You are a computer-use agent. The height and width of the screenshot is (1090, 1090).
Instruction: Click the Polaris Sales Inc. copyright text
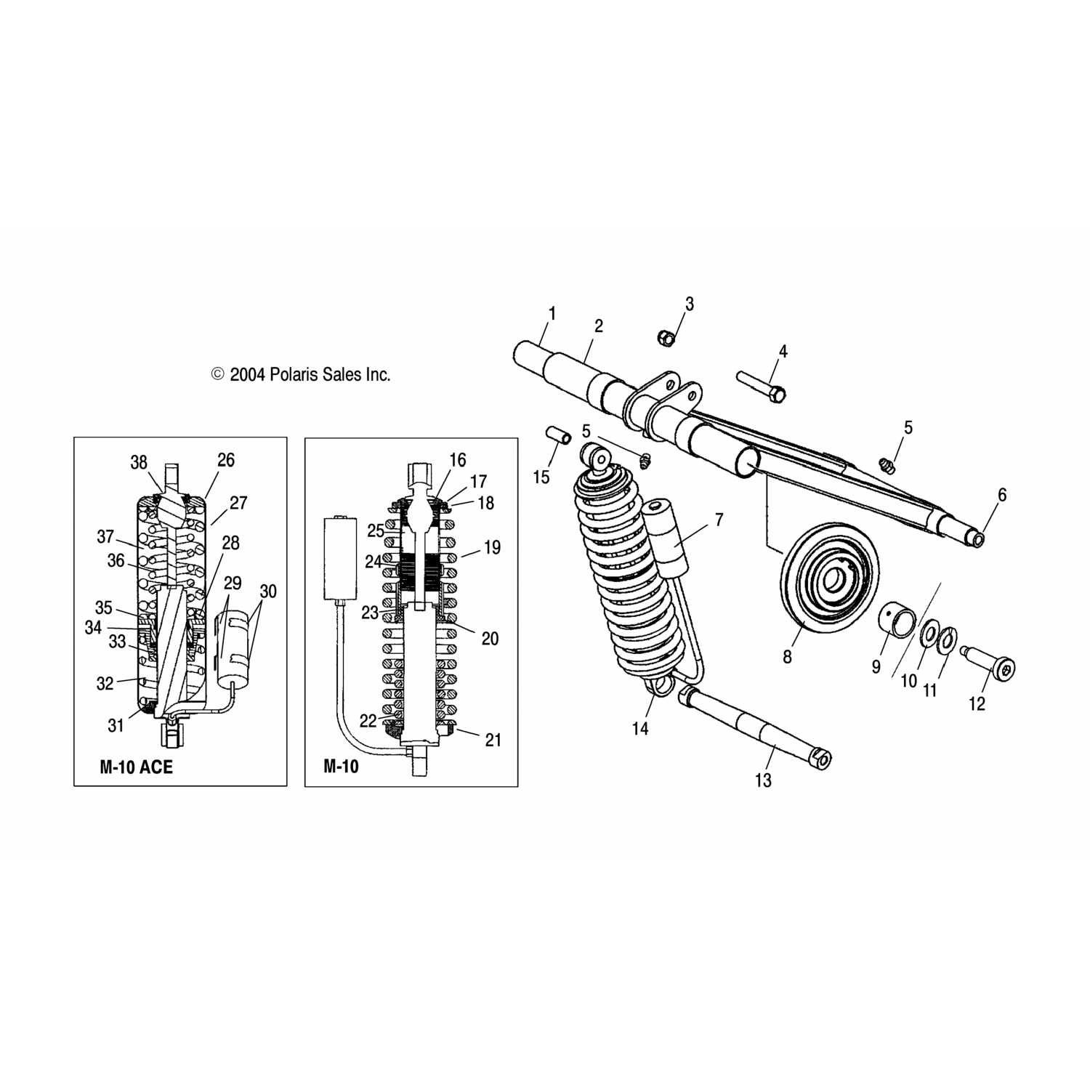pyautogui.click(x=301, y=374)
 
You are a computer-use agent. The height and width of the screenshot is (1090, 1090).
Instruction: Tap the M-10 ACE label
pyautogui.click(x=137, y=767)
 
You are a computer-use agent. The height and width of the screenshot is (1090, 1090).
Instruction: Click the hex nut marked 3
pyautogui.click(x=666, y=337)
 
